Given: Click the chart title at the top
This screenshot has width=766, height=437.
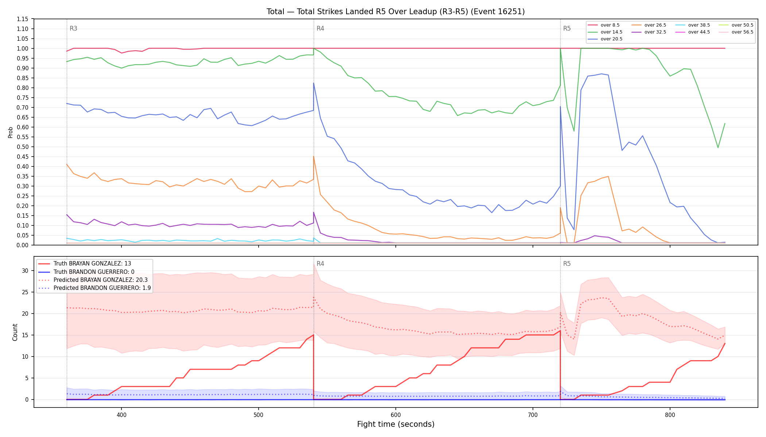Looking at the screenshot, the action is tap(395, 12).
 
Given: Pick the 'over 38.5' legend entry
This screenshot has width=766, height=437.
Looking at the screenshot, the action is tap(693, 25).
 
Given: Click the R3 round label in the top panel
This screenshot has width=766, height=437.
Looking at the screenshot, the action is tap(73, 28).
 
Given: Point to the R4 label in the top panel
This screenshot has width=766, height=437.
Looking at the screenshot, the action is tap(320, 28).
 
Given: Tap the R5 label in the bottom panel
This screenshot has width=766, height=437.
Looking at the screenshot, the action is tap(567, 264).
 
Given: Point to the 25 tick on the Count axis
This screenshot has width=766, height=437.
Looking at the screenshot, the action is tap(25, 292).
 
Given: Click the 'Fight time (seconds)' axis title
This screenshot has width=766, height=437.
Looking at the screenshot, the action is tap(396, 424).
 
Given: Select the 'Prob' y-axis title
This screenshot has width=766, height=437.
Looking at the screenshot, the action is tap(10, 132).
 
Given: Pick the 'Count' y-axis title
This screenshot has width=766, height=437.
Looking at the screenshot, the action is tap(15, 332).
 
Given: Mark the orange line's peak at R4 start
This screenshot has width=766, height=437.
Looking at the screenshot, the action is tap(314, 157).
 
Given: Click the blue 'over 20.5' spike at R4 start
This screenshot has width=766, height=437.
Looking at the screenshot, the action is tap(314, 83).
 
